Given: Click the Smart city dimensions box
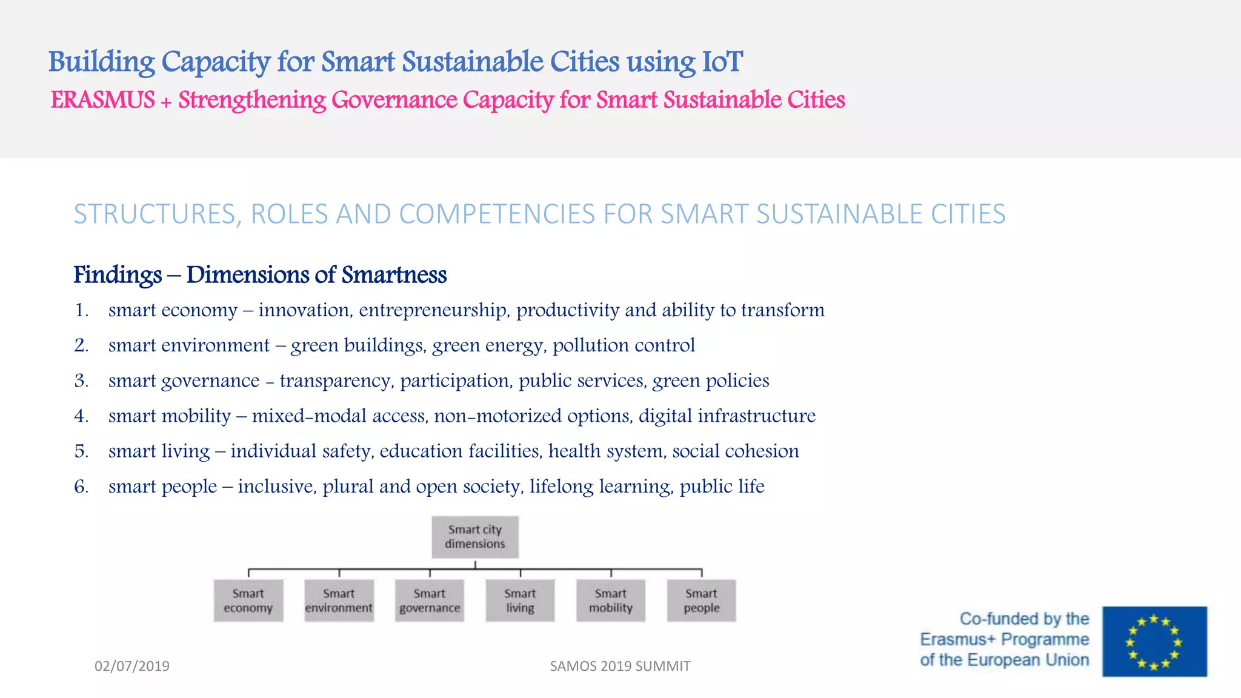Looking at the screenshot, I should (x=475, y=537).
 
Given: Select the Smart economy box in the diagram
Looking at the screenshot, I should (x=248, y=600).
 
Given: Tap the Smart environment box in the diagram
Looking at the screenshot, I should (x=339, y=600).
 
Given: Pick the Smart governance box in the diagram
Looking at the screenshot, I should (x=430, y=600).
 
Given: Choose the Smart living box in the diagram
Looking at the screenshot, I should (x=520, y=600).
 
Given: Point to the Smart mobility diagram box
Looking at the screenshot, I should (x=611, y=600).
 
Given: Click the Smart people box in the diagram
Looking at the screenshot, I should (x=701, y=600).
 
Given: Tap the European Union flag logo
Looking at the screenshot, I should (x=1154, y=641).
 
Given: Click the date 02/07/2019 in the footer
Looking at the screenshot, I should (x=132, y=666).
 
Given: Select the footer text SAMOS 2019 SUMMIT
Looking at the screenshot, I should (x=620, y=666).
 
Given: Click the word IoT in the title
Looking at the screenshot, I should (x=722, y=62).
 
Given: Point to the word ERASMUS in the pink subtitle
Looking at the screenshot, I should (x=103, y=100).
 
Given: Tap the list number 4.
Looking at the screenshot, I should (x=81, y=416).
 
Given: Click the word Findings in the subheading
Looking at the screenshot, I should (x=118, y=275).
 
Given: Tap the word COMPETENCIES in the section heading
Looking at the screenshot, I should (x=497, y=214).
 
